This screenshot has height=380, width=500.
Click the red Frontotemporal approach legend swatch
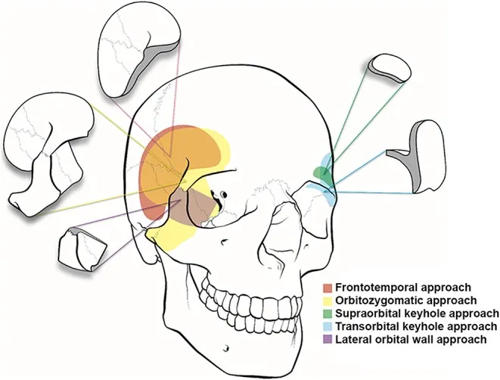coord(326,288)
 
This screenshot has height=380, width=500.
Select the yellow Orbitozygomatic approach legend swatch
coord(326,301)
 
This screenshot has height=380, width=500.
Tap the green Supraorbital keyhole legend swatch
coord(326,313)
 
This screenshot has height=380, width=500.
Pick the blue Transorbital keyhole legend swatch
coord(326,326)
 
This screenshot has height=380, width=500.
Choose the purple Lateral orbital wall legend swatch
coord(326,339)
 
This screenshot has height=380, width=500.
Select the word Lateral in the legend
coord(350,339)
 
